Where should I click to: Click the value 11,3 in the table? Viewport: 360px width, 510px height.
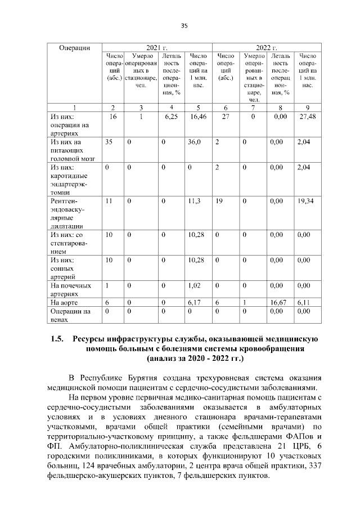point(194,200)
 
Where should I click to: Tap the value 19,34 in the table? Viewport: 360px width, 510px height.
point(306,200)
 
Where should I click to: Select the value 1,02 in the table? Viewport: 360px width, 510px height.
point(195,286)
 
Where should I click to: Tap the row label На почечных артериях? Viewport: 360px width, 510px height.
point(70,290)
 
